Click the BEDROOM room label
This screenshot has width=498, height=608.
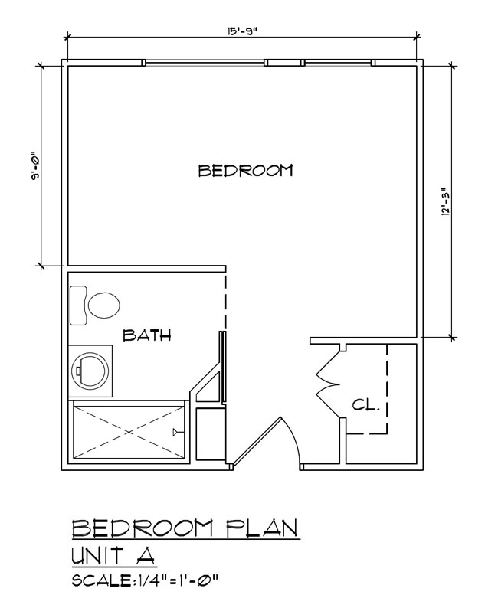tap(245, 171)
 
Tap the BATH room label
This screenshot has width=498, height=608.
tap(147, 335)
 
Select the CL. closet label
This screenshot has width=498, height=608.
tap(365, 405)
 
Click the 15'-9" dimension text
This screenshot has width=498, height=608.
tap(242, 32)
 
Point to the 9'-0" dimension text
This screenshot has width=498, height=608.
tap(36, 165)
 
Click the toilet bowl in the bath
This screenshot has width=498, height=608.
tap(103, 305)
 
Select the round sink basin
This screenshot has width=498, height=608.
tap(90, 371)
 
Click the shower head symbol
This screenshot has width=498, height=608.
tap(176, 432)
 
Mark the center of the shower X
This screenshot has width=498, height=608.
tap(129, 432)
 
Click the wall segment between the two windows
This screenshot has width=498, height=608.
tap(284, 63)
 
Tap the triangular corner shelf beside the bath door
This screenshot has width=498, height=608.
tap(208, 387)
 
